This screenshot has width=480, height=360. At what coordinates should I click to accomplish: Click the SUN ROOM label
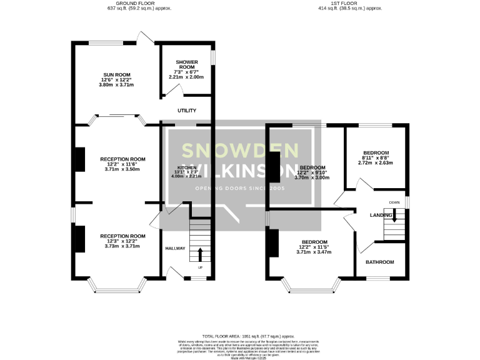tap(112, 74)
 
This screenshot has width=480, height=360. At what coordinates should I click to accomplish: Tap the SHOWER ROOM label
tap(187, 64)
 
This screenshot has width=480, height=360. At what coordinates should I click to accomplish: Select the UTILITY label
tap(187, 111)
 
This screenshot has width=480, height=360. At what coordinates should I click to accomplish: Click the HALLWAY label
tap(176, 249)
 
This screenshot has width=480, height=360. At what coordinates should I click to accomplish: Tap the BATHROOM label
tap(380, 262)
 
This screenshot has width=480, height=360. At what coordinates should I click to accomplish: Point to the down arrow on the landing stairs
tap(394, 216)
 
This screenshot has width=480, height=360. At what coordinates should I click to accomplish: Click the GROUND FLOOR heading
tap(138, 4)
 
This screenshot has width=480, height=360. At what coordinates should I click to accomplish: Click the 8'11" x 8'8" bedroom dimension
tap(376, 158)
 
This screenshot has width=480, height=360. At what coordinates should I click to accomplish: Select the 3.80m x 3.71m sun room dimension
tap(112, 84)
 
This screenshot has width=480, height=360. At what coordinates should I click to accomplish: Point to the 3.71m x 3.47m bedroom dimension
tap(314, 252)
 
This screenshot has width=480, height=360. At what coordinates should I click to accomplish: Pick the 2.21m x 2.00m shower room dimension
tap(187, 78)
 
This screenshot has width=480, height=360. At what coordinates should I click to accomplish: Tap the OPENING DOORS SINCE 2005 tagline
tap(240, 188)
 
